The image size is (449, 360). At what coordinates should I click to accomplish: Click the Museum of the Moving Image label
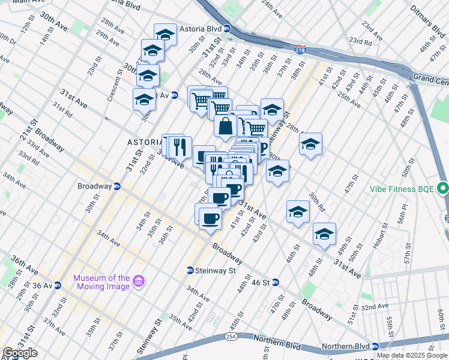click(101, 281)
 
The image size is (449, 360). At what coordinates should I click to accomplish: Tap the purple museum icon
click(139, 281)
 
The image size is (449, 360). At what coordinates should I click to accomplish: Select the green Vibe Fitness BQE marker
click(443, 189)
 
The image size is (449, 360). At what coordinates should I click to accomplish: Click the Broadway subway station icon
click(118, 186)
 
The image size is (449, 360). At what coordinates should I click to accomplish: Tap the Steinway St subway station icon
click(190, 271)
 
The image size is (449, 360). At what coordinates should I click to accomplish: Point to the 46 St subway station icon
click(275, 282)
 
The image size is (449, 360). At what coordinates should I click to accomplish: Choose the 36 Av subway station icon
click(58, 286)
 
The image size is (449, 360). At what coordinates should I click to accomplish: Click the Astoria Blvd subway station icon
click(227, 28)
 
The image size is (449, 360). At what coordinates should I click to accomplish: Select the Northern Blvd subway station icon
click(375, 346)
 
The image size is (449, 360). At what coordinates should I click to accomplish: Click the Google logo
click(20, 353)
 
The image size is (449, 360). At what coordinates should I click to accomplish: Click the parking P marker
click(262, 148)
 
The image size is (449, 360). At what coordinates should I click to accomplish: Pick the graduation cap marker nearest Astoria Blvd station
click(165, 34)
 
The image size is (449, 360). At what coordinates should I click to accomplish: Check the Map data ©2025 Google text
click(412, 355)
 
